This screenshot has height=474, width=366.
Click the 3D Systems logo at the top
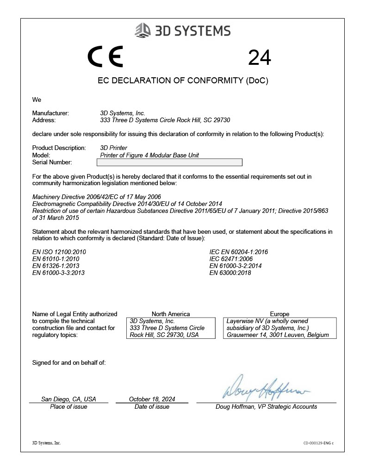[x=182, y=31]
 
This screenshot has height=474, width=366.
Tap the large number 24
[x=260, y=58]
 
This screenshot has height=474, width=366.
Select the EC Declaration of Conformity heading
[x=183, y=81]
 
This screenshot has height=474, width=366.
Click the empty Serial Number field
[x=169, y=162]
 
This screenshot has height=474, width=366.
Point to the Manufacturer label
[x=50, y=113]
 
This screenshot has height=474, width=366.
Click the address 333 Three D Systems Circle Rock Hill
[x=165, y=120]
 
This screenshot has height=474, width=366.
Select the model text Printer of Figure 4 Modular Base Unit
[x=149, y=155]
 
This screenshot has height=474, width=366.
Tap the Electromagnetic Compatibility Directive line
[x=127, y=204]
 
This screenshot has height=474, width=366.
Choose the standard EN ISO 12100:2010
[x=59, y=252]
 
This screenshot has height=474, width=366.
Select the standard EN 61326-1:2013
[x=56, y=266]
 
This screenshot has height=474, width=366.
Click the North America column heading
[x=171, y=314]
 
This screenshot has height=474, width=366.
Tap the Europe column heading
[x=279, y=314]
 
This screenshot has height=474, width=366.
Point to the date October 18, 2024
[x=152, y=399]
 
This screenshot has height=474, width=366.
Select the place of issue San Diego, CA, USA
[x=68, y=399]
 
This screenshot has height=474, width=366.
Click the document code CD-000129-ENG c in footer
[x=318, y=443]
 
